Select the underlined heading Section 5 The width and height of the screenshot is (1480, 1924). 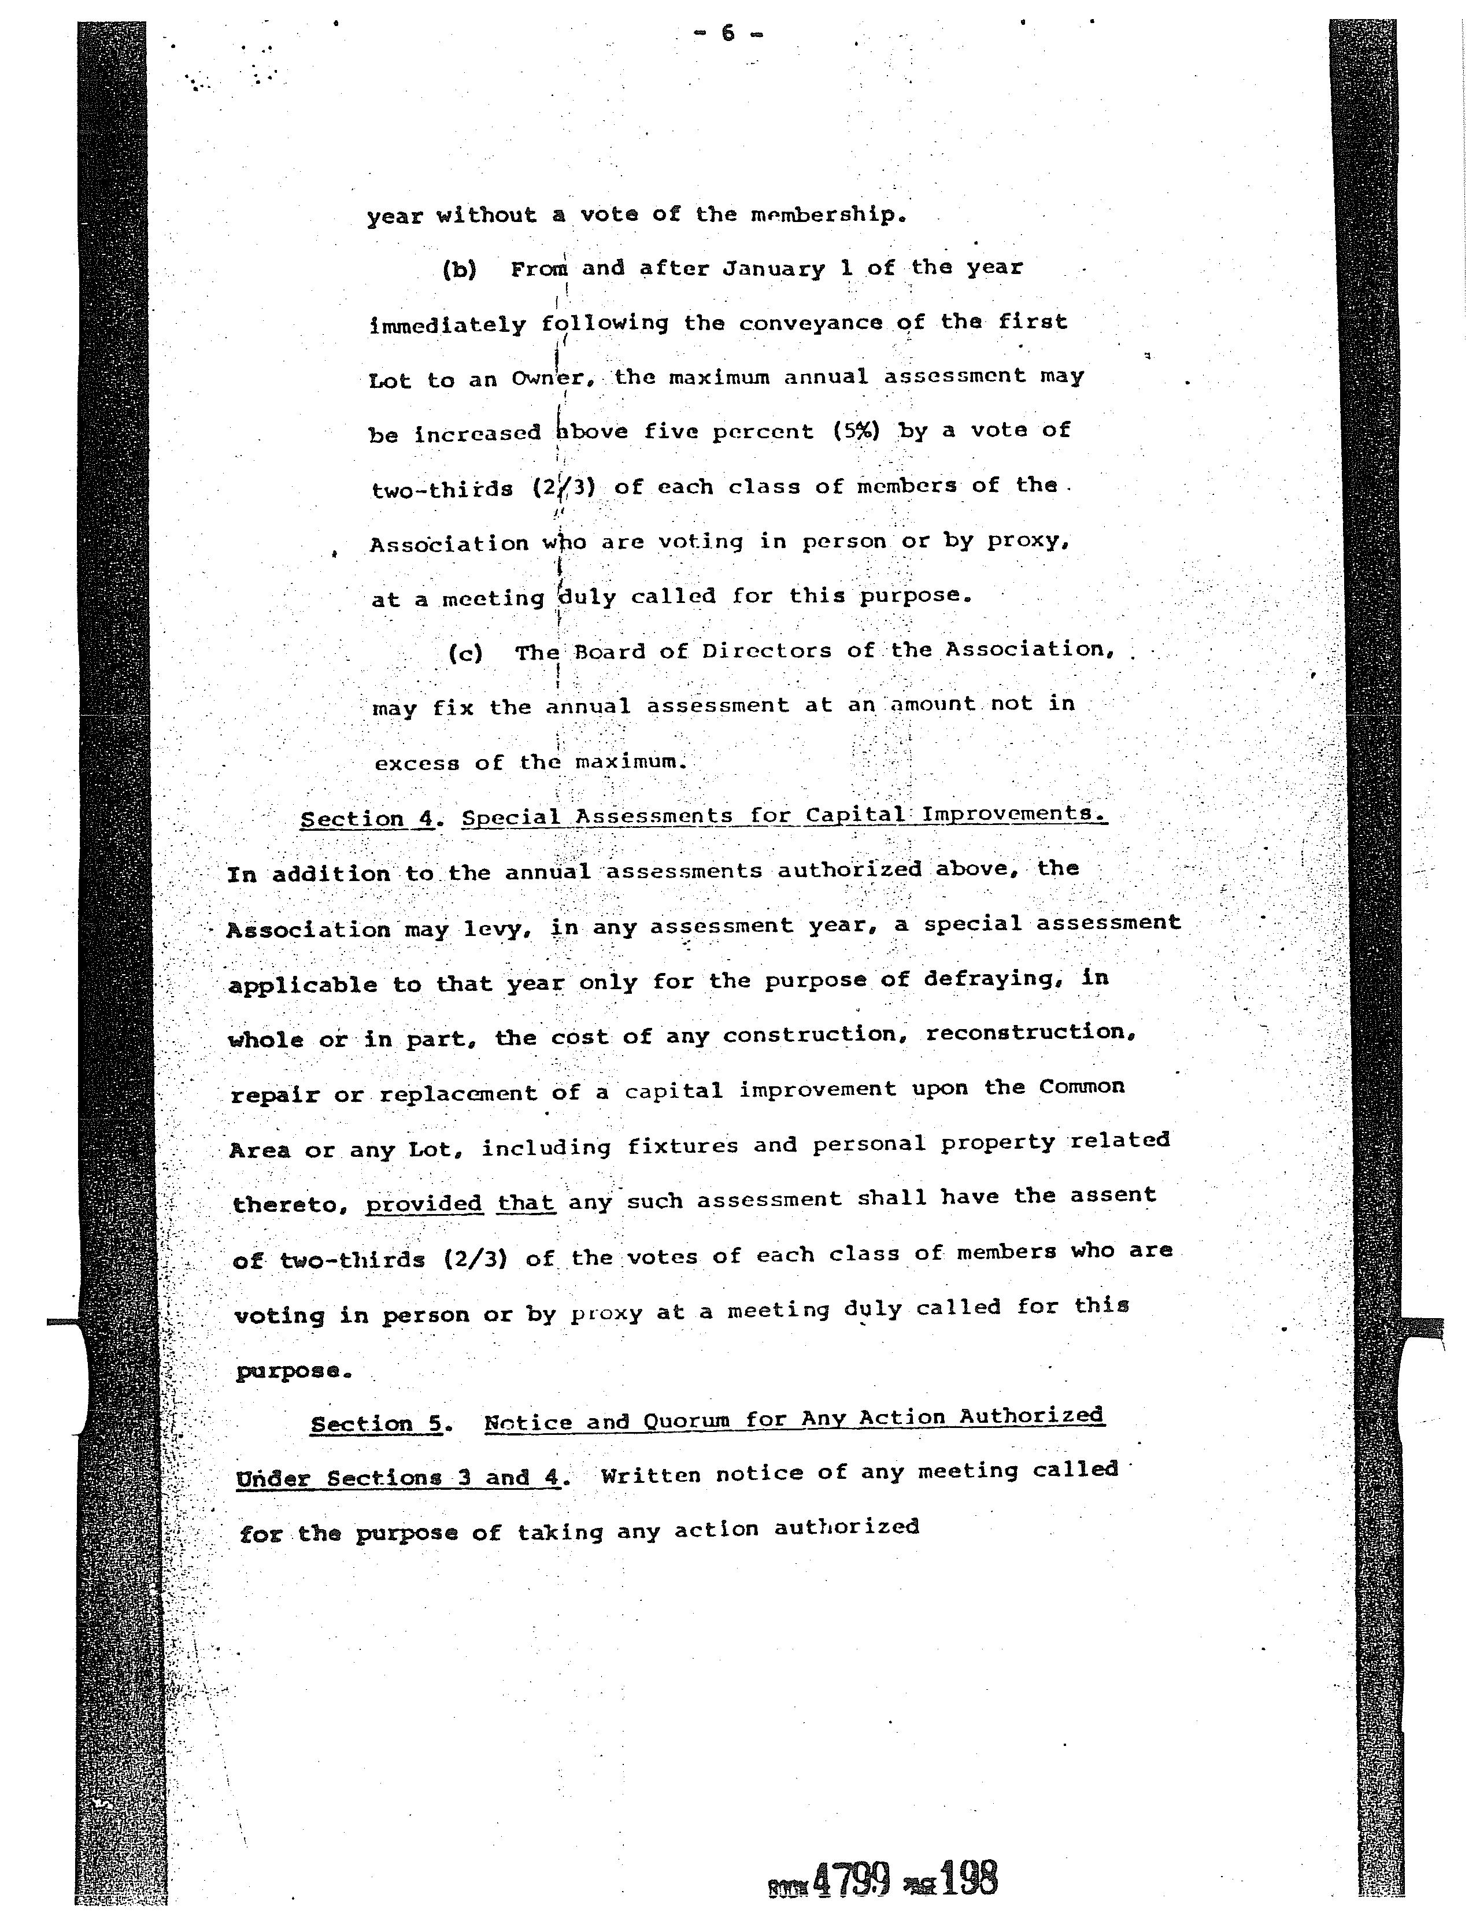376,1423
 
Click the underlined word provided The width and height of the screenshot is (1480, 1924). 424,1204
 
